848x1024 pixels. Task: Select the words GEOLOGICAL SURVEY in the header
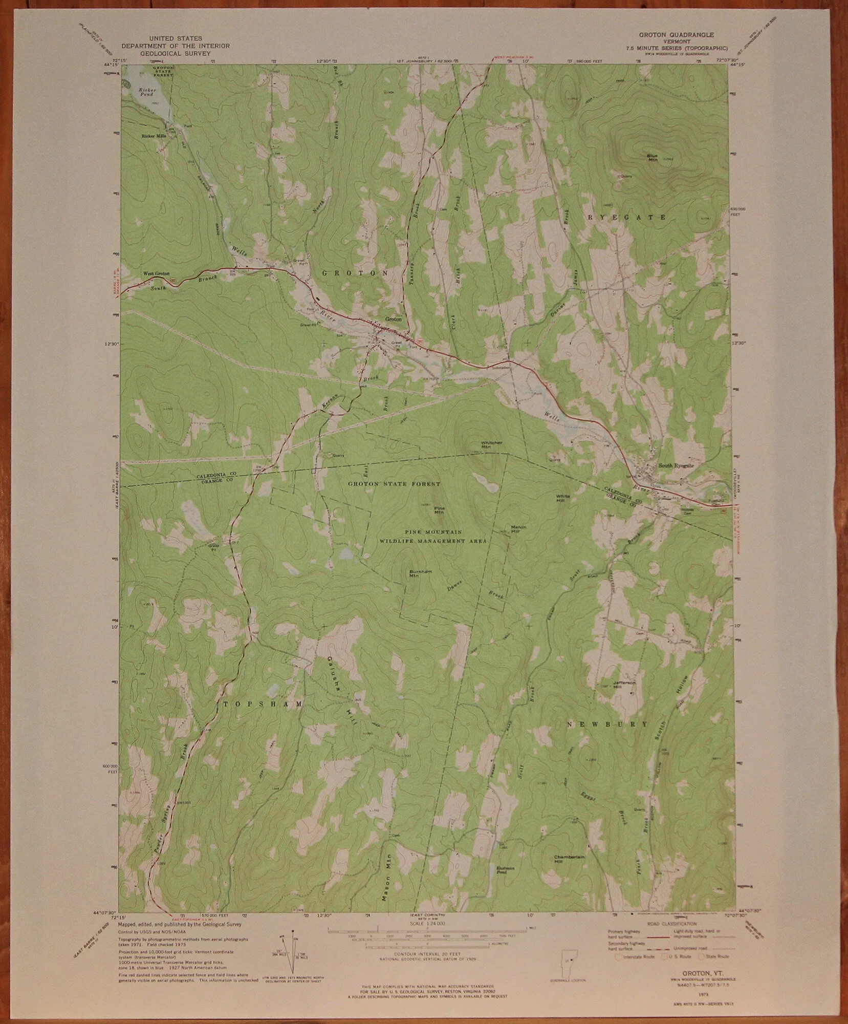pyautogui.click(x=175, y=53)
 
